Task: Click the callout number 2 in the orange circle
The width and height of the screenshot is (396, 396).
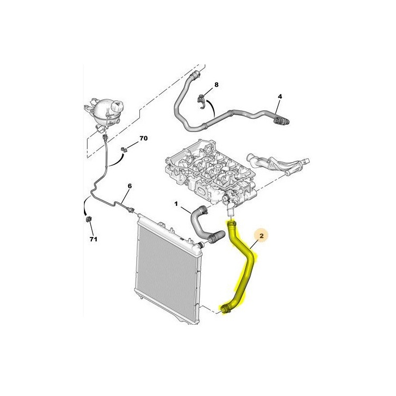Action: click(261, 236)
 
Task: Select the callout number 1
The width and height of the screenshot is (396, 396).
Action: click(176, 204)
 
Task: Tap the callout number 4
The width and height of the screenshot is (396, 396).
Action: click(280, 97)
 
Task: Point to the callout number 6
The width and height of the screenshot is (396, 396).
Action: click(129, 186)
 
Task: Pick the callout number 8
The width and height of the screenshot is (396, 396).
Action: click(216, 84)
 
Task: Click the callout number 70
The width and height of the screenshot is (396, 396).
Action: click(144, 138)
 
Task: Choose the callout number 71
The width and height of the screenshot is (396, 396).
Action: click(93, 239)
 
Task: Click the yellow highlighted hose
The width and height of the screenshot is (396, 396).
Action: click(241, 268)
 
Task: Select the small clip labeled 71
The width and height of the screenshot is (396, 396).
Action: click(89, 219)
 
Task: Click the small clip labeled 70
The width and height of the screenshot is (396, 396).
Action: click(124, 149)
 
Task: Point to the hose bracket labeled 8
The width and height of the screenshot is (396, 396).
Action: click(201, 101)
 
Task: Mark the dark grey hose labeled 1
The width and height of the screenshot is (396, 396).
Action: click(202, 225)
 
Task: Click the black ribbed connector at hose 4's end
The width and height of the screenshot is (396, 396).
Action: click(281, 121)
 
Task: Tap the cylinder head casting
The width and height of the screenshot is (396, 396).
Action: click(211, 172)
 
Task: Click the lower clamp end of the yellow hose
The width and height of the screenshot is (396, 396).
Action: click(226, 309)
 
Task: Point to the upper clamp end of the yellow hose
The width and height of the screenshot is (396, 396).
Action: click(232, 223)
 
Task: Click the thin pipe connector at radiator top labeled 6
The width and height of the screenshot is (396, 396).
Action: click(130, 210)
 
